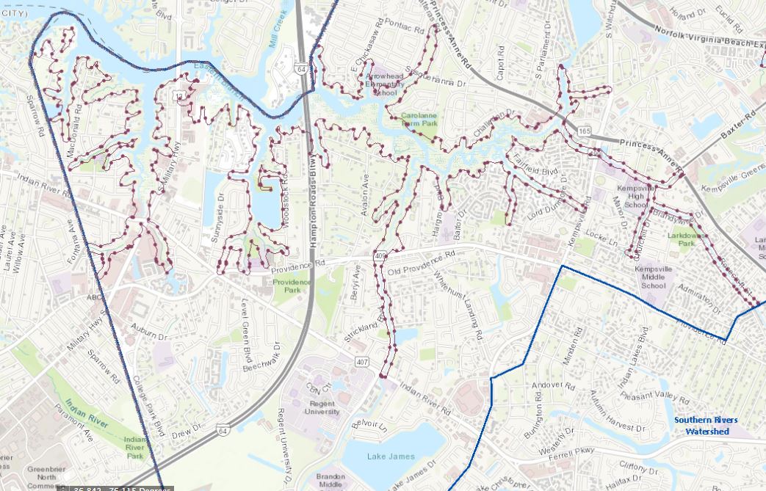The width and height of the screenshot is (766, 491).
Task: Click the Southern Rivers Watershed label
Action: tap(707, 426)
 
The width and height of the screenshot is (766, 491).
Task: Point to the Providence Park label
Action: tap(292, 285)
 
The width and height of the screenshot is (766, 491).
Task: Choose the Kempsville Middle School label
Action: tap(654, 277)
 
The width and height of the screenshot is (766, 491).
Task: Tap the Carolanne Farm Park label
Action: tap(419, 120)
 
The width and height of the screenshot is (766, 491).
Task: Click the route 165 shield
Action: tap(584, 130)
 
